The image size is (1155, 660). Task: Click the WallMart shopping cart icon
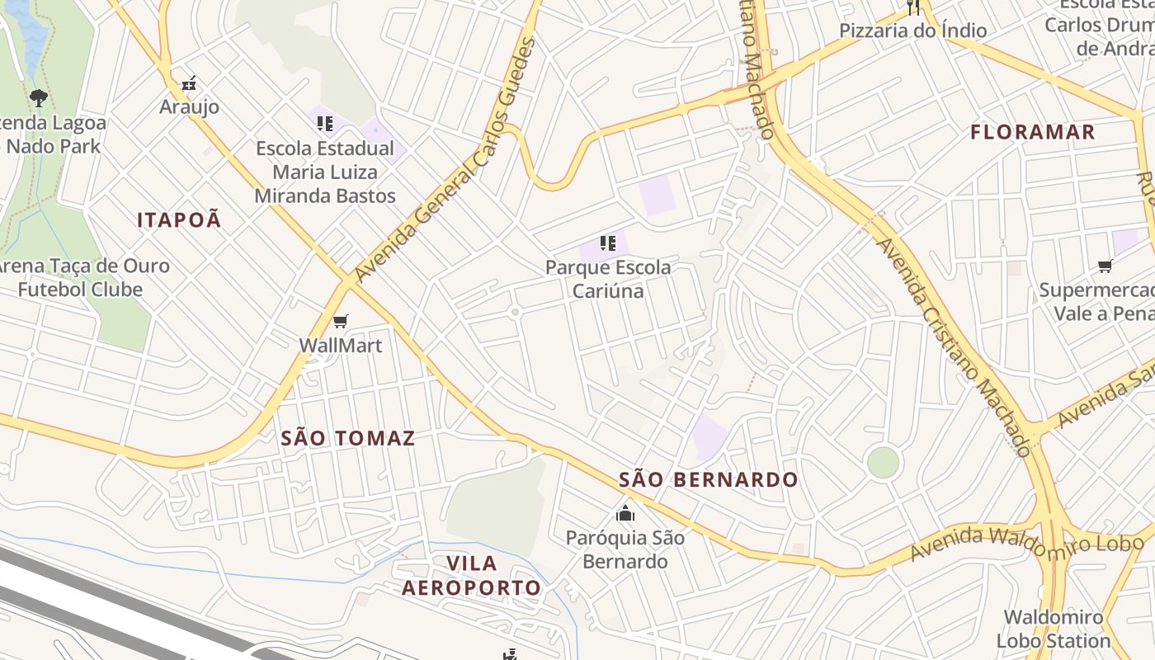340,321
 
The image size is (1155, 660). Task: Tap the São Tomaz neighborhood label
347,438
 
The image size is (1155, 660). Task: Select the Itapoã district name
179,219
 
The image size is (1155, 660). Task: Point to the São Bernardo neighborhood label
708,479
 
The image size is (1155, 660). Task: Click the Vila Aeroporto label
471,575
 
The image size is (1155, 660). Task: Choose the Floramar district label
1032,132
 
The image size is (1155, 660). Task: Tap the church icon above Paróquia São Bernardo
625,513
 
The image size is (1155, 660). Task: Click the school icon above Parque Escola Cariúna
608,243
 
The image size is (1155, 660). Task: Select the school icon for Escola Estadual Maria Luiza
324,124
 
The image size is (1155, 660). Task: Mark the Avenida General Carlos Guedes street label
445,158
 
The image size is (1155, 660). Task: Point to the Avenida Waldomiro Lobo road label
1026,544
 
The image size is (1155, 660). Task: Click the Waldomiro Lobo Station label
1054,629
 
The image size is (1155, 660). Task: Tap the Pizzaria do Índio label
912,31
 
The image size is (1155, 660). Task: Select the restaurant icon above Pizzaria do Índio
912,7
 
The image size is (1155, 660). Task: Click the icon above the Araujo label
190,83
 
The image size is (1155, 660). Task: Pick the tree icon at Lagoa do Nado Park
38,99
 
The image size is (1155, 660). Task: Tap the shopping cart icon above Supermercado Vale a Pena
1105,266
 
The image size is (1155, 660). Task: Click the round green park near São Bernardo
883,462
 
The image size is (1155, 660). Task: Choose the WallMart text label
340,345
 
